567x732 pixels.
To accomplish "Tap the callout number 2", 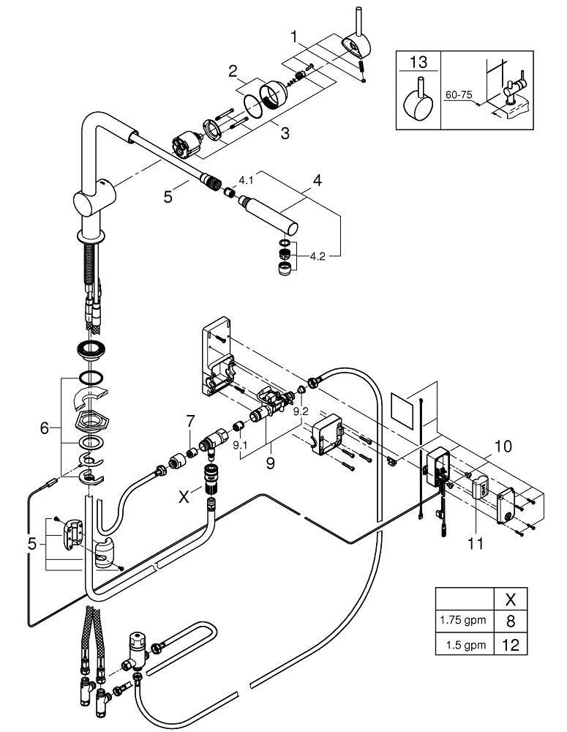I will tap(232, 72).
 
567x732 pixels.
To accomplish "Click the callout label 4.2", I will tap(320, 256).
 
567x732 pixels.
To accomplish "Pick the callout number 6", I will tap(44, 428).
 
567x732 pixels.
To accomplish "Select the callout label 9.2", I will tap(301, 412).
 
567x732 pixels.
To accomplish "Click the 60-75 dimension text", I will tap(458, 95).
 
